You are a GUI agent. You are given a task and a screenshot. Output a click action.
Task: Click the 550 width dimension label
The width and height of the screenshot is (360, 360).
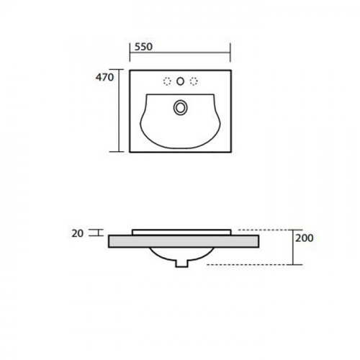(143, 47)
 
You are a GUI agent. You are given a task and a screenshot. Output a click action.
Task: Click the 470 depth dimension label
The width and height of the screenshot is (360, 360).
(104, 77)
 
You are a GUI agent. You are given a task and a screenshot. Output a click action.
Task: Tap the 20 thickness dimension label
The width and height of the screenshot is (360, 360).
(78, 233)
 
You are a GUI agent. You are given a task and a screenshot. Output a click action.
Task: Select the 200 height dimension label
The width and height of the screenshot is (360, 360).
(305, 238)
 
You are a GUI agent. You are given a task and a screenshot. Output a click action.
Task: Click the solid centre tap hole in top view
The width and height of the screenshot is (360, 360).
(180, 81)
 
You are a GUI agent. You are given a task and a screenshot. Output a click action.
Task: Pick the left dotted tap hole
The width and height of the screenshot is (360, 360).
(167, 81)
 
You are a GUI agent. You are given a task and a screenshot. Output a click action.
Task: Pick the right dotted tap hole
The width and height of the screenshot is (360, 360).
(194, 81)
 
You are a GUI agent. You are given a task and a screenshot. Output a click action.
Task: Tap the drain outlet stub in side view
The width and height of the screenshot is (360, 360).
(181, 264)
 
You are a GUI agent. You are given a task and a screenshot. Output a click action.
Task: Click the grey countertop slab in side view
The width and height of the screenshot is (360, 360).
(184, 241)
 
